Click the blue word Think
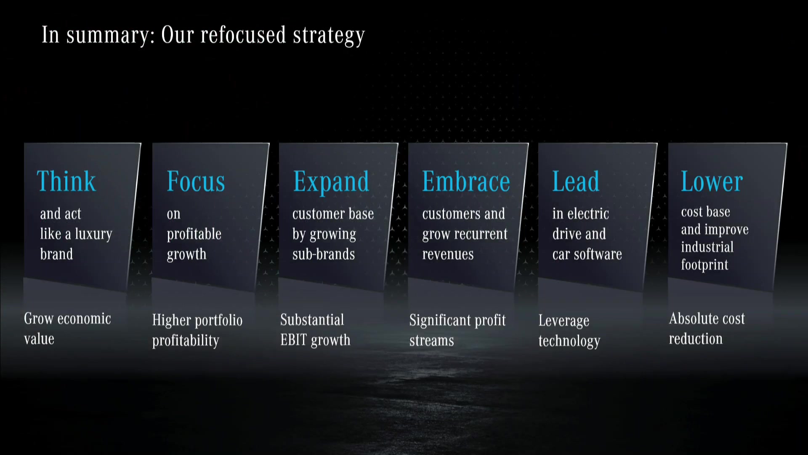point(66,181)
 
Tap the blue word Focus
point(196,181)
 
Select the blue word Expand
point(331,182)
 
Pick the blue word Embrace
point(466,181)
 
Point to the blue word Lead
point(576,181)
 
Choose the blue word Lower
point(712,181)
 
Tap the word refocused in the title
point(243,35)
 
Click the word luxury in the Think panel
point(94,234)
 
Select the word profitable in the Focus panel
point(194,234)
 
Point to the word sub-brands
point(324,254)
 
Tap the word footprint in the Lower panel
point(704,265)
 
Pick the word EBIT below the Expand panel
point(294,340)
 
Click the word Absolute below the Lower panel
point(690,318)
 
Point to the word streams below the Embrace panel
point(432,341)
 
